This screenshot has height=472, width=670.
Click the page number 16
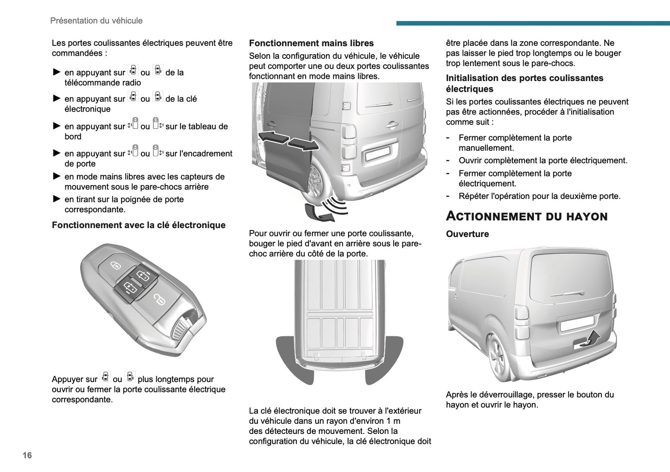point(27,455)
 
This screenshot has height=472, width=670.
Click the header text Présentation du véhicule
point(96,21)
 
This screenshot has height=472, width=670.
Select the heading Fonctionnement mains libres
point(311,43)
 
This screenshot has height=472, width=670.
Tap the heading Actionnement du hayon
point(526,217)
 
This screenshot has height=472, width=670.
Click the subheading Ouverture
point(467,234)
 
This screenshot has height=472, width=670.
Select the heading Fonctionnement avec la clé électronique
point(139,225)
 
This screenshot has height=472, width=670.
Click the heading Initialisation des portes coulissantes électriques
point(524,83)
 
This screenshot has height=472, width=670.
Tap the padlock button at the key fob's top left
point(115,266)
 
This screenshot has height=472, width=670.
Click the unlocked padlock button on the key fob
point(159,300)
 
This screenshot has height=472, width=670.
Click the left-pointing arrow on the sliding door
point(273,137)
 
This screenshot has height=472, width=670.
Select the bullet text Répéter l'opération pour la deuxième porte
point(539,196)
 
